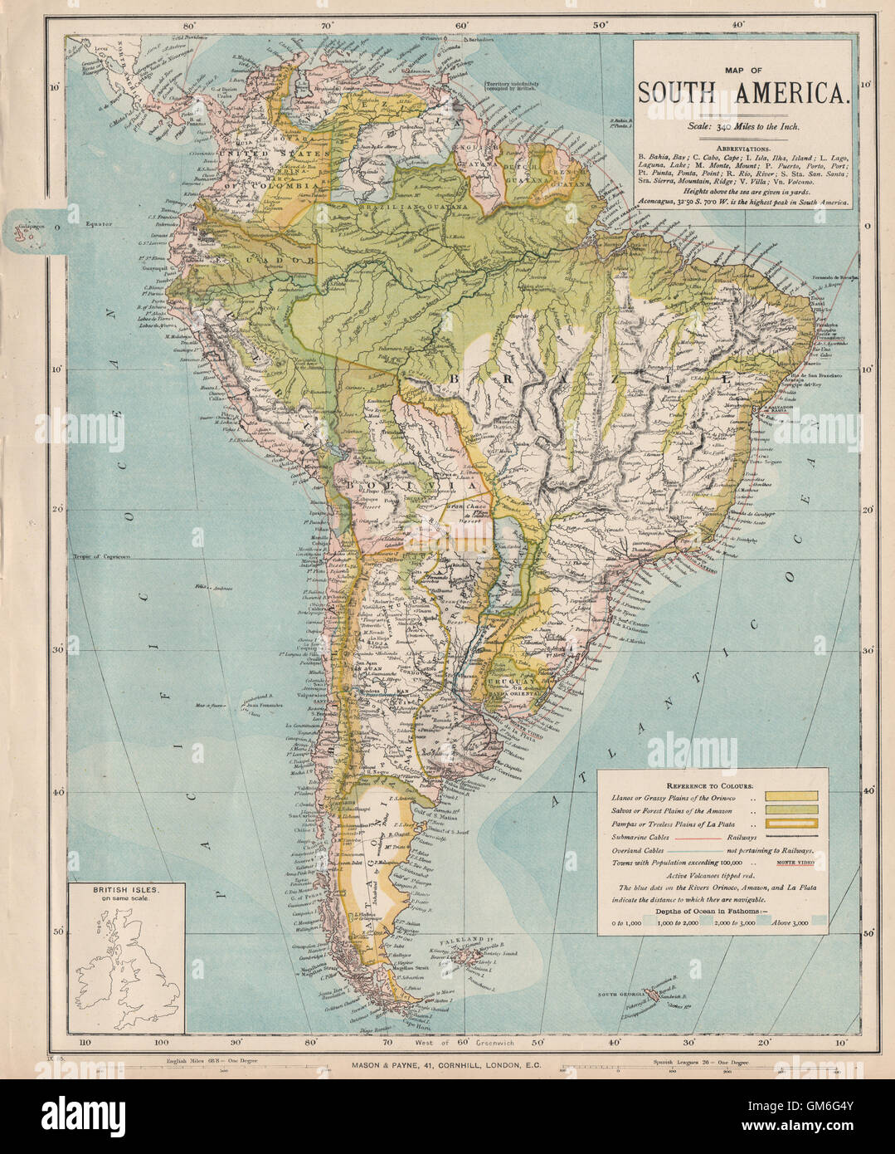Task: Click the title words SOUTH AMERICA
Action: point(744,93)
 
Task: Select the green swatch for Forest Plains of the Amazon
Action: point(795,810)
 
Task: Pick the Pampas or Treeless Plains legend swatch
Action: point(795,824)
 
